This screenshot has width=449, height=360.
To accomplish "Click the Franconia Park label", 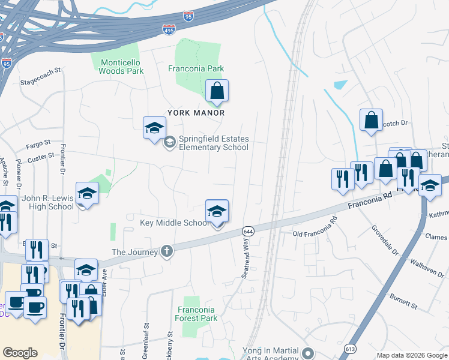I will coord(196,68).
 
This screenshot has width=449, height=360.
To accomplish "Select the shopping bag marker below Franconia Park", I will coord(217,92).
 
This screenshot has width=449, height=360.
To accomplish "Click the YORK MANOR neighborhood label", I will coord(196,113).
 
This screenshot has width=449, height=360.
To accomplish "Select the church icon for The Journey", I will coord(166,252).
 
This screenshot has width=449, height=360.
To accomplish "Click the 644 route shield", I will coord(247,231).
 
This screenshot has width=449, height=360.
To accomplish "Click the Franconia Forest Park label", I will coord(197,314).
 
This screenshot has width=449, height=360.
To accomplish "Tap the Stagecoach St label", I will coord(41,70).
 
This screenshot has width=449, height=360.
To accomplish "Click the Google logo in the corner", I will coord(20,353).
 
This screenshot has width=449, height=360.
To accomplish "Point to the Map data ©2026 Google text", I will coord(411,355).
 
